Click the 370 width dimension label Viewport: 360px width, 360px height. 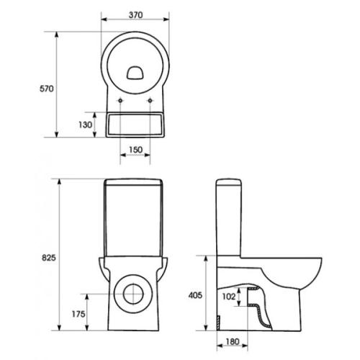pos(135,15)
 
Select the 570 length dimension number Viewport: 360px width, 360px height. pos(47,89)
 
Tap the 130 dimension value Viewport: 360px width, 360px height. pos(85,125)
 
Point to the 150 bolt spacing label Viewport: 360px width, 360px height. pos(135,150)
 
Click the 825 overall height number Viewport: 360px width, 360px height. pos(49,258)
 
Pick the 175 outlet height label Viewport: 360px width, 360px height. pos(78,314)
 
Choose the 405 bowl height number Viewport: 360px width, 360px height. pos(195,295)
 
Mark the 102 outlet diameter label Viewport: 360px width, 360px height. pos(229,297)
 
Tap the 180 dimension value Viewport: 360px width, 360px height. pos(233,341)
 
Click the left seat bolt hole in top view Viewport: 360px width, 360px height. pos(120,101)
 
